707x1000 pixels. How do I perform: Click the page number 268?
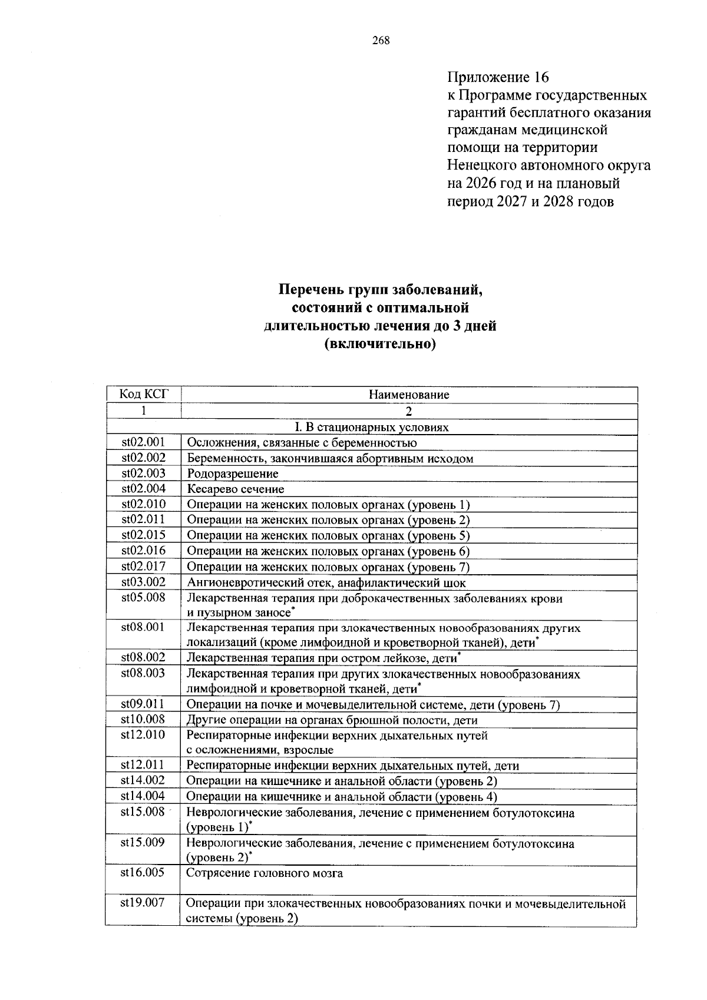381,41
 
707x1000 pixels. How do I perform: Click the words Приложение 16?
498,77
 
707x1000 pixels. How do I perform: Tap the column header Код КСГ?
143,394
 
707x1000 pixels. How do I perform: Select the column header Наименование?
409,395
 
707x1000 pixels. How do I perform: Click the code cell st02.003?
143,473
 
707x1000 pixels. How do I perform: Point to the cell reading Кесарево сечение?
236,489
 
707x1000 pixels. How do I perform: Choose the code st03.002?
143,582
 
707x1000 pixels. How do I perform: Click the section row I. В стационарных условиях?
371,427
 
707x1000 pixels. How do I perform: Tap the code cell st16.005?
143,872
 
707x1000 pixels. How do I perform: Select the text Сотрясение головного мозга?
265,873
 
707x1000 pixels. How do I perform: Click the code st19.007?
143,902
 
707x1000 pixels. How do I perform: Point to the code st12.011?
143,764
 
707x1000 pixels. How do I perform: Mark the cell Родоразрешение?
233,473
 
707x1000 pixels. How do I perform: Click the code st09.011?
143,703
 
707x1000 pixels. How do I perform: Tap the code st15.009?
143,842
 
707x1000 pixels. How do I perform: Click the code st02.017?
143,566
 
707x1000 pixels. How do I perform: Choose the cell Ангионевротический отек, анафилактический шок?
326,582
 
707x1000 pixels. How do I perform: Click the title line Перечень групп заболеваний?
380,290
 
